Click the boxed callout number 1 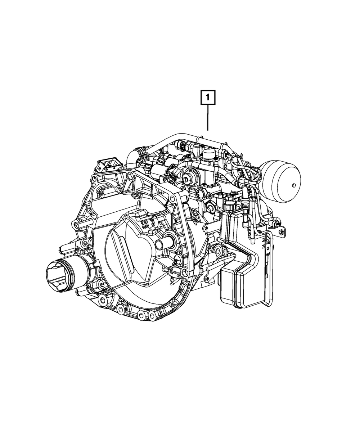coord(208,97)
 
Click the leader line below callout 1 coord(208,117)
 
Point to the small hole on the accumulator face coord(294,185)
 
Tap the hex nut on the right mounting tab coord(281,232)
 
